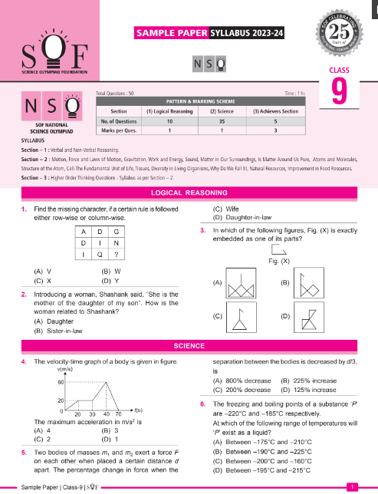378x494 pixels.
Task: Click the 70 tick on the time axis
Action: coord(119,415)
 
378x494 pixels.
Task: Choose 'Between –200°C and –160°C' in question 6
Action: coord(270,451)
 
